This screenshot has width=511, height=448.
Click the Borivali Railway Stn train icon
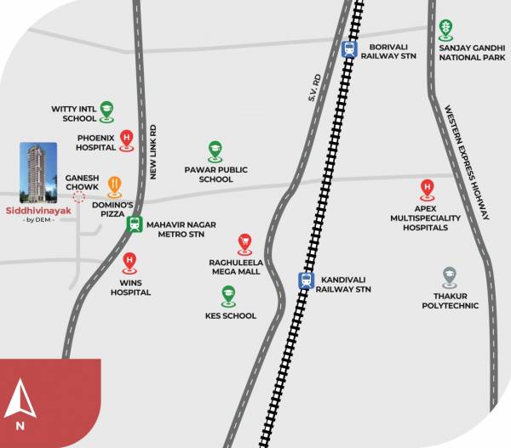348,49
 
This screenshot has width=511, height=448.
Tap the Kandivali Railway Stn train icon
305,280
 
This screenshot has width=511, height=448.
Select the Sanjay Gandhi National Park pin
445,30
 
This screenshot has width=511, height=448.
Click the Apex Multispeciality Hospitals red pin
426,189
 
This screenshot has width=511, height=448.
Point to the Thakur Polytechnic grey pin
450,276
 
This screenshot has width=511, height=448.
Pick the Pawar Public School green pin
215,150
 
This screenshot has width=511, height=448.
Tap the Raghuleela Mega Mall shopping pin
244,243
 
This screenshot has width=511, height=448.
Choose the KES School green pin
228,295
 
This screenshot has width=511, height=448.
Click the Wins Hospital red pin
129,262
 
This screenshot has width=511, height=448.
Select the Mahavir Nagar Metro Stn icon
134,224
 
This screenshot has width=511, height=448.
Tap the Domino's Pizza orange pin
114,185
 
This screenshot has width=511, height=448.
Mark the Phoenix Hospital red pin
127,139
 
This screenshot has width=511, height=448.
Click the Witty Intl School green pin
106,110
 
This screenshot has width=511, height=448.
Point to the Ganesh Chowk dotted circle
78,196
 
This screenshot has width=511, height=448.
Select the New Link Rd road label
155,150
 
